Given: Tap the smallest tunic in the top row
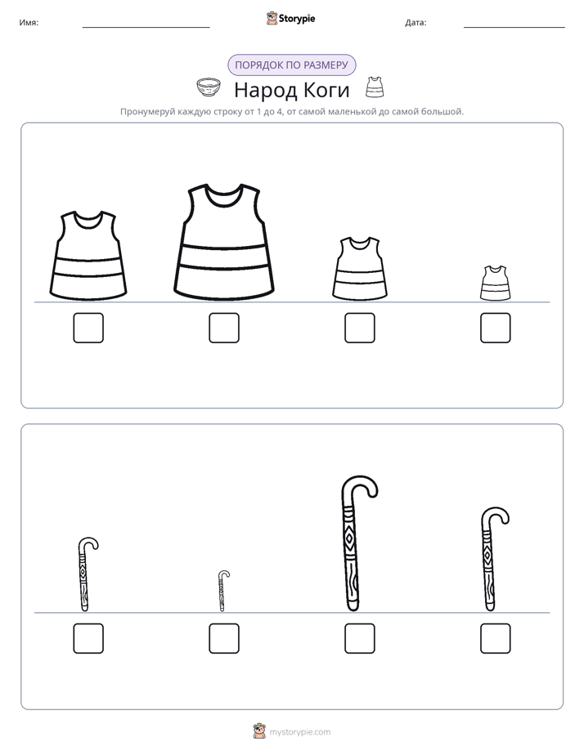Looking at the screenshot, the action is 495,283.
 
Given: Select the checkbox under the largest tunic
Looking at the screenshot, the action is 224,328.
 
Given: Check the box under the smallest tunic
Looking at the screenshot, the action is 496,328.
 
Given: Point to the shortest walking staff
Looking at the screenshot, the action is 222,592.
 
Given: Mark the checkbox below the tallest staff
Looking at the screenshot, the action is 360,638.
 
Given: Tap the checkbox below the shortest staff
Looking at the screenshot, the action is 224,638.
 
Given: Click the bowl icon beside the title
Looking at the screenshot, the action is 209,87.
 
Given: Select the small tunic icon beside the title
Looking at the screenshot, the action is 375,87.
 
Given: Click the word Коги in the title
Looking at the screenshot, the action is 326,90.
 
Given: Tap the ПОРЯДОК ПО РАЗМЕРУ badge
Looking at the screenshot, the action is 291,65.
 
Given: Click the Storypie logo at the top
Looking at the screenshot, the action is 290,19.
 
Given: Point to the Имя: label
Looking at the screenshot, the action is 29,23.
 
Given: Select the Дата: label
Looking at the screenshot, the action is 416,23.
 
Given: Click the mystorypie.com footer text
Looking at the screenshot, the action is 299,732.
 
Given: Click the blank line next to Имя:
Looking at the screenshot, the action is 146,28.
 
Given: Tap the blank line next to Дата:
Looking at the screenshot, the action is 514,28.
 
